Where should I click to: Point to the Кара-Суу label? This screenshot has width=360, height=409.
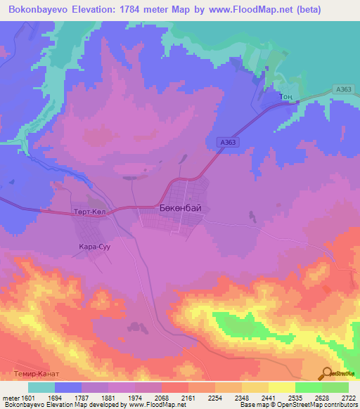pyautogui.click(x=95, y=247)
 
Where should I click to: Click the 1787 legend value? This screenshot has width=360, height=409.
pyautogui.click(x=95, y=397)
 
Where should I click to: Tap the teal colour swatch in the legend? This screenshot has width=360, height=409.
pyautogui.click(x=41, y=387)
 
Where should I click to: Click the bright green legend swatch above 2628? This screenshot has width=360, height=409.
pyautogui.click(x=308, y=387)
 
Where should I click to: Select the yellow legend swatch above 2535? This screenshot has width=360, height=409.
pyautogui.click(x=281, y=387)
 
